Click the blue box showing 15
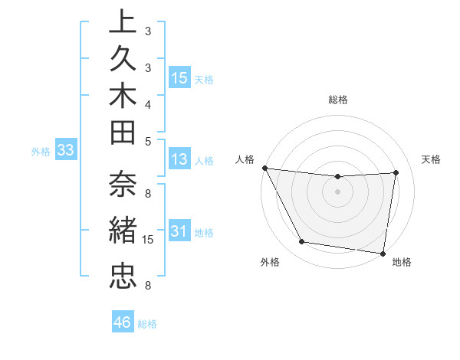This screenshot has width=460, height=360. (x=179, y=77)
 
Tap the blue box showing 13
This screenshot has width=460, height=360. (x=179, y=159)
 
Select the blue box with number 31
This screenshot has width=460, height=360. (x=179, y=231)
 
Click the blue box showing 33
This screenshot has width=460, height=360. (x=65, y=150)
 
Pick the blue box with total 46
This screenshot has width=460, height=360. (x=123, y=322)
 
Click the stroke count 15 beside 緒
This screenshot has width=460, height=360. (x=149, y=240)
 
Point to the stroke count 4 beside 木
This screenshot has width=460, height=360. (x=148, y=104)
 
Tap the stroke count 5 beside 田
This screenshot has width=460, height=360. (x=148, y=141)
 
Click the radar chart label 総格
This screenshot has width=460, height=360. (x=338, y=100)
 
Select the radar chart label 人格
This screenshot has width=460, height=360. (x=245, y=159)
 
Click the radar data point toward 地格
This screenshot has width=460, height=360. (x=383, y=253)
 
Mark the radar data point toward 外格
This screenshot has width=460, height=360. (x=302, y=242)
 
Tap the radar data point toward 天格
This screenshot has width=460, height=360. (x=396, y=172)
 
